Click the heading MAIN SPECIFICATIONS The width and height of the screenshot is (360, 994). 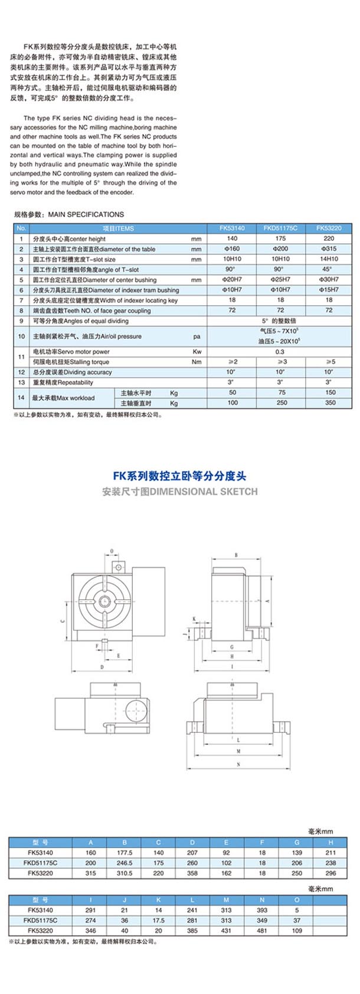[x=86, y=214]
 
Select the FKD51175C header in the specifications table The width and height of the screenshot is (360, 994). [x=280, y=228]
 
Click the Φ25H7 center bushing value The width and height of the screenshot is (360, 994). [x=280, y=280]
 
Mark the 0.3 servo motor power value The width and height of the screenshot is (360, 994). [x=280, y=352]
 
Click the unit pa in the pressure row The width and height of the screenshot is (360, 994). [x=197, y=336]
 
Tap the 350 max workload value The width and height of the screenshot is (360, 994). [x=329, y=403]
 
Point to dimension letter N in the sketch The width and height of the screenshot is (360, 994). [x=238, y=765]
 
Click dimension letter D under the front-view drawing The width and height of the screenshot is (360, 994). [x=102, y=667]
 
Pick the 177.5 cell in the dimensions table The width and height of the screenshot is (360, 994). [x=125, y=853]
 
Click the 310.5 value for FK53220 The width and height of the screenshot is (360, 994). [x=125, y=873]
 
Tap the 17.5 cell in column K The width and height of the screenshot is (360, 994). [x=158, y=920]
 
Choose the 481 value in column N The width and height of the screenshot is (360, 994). [x=262, y=930]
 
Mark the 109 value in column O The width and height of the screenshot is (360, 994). [x=296, y=930]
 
